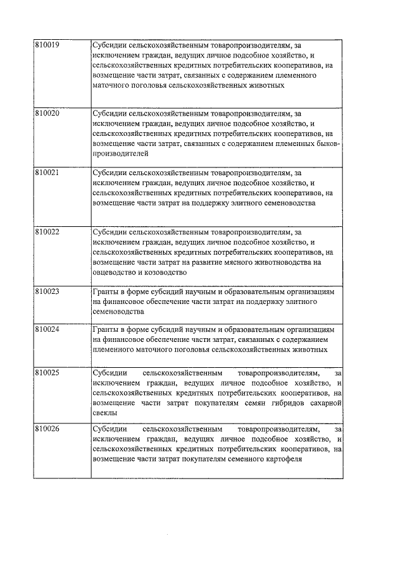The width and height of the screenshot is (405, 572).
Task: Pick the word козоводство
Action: point(166,272)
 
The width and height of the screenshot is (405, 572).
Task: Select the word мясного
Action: point(234,262)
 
